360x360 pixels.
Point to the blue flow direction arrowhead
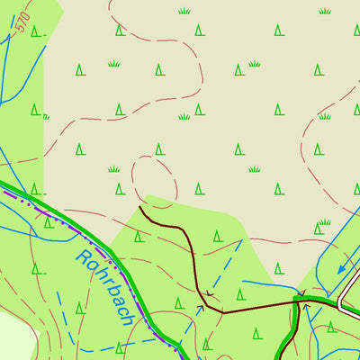[x=342, y=268]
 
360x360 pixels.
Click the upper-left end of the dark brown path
[x=141, y=209]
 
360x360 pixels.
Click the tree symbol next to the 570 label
[x=36, y=31]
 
